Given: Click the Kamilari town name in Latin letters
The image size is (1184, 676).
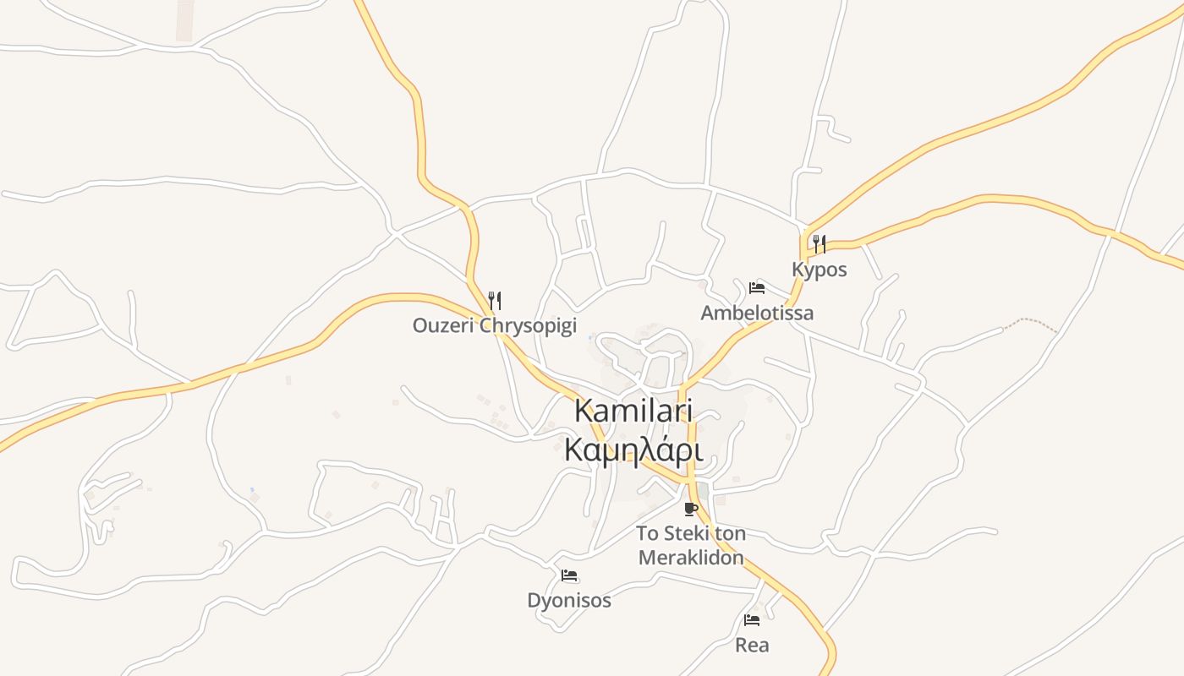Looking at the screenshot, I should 633,412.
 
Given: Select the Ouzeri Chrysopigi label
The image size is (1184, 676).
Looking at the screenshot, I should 494,325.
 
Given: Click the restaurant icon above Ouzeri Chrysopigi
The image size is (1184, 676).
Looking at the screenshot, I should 495,300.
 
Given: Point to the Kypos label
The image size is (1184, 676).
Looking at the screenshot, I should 819,270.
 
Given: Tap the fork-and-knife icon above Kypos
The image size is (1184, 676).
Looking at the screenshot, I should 819,244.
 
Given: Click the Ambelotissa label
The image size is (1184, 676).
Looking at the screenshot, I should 757,313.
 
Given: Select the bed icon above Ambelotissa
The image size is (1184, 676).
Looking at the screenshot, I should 757,287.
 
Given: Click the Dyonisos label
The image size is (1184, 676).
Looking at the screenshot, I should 569,601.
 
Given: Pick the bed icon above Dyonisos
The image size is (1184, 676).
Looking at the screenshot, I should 569,575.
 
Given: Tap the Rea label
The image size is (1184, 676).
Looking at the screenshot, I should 752,646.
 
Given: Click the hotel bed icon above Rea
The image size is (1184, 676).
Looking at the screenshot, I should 752,620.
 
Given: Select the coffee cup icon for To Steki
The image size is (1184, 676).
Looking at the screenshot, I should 691,509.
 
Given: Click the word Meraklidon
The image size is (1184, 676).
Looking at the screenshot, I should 691,558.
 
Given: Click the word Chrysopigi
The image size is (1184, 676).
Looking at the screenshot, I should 529,325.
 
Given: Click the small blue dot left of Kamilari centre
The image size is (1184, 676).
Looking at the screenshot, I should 589,338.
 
